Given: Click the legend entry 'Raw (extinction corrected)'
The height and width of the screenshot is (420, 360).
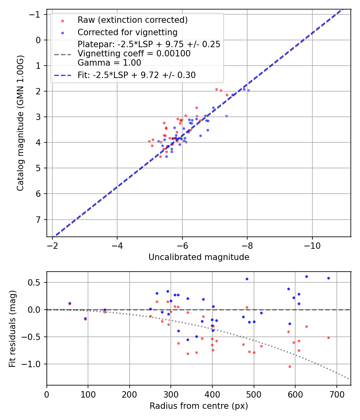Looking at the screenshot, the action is point(133,20).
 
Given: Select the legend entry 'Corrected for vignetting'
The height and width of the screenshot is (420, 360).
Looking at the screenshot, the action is point(128,32).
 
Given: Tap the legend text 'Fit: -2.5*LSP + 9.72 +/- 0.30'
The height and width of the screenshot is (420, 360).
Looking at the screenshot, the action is point(137,75).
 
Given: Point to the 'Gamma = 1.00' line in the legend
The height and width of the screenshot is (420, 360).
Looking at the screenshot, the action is point(109,62).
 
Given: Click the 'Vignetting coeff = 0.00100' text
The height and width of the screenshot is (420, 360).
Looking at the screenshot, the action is point(134,53).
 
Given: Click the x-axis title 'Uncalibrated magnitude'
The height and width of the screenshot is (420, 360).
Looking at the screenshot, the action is point(199,257).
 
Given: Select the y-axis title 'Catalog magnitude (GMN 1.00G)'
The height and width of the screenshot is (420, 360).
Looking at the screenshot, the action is point(20,123).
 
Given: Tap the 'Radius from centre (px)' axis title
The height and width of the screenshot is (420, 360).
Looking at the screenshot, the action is point(199,406).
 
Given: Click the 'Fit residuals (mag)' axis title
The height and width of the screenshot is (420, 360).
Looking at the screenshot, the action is point(12,328).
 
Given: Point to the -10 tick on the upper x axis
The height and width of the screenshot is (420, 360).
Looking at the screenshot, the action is point(312,245).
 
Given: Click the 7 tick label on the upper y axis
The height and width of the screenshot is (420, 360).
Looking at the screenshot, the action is point(38,220).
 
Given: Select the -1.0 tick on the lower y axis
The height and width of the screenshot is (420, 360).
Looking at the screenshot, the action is point(34,364).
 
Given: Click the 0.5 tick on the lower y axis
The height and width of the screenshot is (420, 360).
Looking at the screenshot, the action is point(36,282).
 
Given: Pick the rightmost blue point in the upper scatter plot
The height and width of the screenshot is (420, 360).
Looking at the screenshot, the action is point(248,90).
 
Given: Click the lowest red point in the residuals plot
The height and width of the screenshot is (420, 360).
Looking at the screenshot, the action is point(290,366).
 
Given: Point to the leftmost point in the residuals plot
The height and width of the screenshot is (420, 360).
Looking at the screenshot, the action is point(70,303).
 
